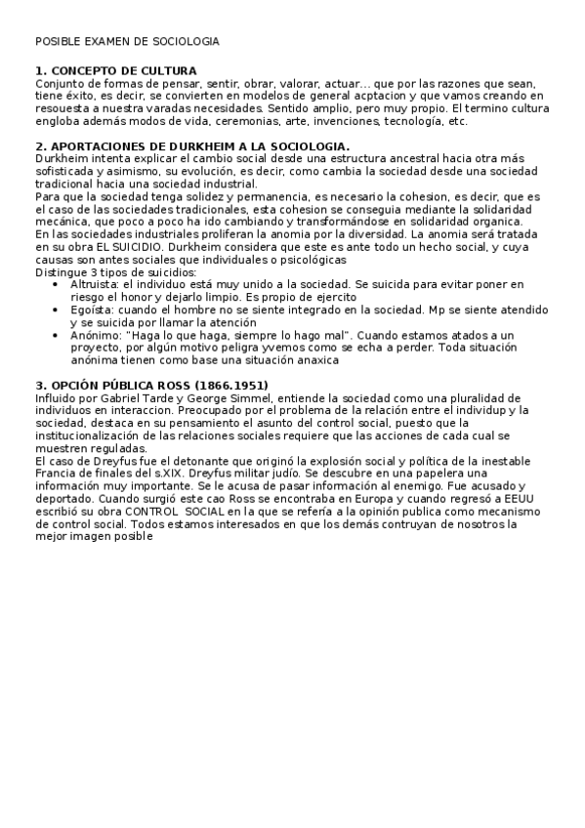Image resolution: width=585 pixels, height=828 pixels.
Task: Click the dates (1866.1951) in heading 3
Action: (x=224, y=386)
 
